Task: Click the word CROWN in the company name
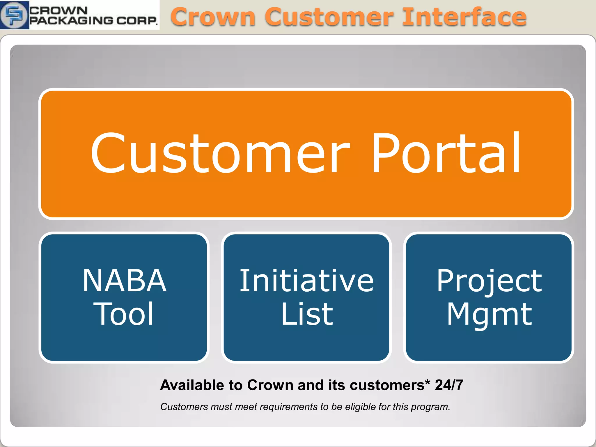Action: (x=58, y=10)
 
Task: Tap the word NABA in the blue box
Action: (x=125, y=281)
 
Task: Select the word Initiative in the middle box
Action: (x=306, y=281)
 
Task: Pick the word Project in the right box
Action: (x=489, y=281)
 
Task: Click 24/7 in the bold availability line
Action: (x=449, y=385)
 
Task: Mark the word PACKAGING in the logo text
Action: (x=71, y=20)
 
